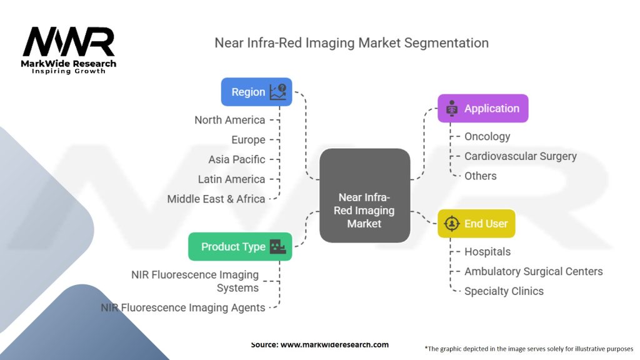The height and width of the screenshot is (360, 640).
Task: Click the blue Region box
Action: tap(256, 92)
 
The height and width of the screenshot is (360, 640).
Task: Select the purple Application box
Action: tap(482, 108)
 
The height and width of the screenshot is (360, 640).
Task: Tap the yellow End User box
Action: tap(476, 223)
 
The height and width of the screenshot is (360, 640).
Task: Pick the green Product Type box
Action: tap(240, 246)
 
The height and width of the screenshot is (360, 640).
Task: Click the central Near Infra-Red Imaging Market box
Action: tap(364, 195)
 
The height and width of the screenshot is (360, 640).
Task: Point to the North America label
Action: tap(229, 120)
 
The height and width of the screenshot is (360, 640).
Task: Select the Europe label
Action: tap(248, 140)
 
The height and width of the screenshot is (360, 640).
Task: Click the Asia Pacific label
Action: tap(236, 159)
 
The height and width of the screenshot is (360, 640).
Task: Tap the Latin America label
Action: tap(231, 179)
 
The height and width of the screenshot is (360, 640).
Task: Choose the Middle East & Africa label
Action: tap(216, 199)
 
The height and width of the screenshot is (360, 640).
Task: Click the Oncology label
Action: tap(487, 136)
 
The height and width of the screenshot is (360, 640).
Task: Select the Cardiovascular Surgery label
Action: tap(520, 156)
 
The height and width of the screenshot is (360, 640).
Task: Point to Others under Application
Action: tap(480, 176)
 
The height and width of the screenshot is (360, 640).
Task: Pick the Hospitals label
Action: tap(487, 252)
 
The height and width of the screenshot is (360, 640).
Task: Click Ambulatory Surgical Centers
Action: tap(533, 271)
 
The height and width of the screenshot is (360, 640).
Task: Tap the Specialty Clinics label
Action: tap(504, 291)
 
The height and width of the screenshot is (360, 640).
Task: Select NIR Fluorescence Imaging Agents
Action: tap(183, 307)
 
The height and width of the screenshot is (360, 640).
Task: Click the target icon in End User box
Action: tap(451, 223)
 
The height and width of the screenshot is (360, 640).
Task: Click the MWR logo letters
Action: tap(69, 42)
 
